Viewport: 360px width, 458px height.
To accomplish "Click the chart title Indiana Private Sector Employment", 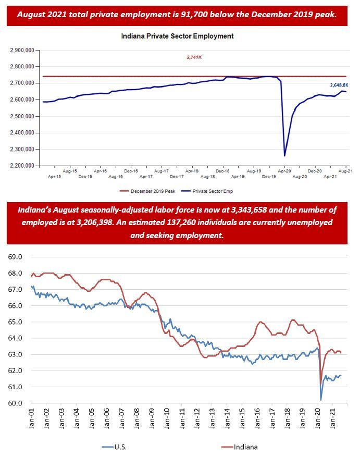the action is tap(177, 36).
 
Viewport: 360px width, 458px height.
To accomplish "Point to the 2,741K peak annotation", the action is tap(194, 57).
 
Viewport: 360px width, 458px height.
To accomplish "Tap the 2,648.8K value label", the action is tap(339, 85).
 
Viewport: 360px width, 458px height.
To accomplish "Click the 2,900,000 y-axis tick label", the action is tap(22, 50).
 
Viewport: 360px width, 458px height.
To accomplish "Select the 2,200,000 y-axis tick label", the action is tap(22, 166).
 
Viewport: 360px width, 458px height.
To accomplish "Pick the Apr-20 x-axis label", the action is tap(284, 171).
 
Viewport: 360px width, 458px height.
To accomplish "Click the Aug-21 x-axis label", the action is tap(345, 171).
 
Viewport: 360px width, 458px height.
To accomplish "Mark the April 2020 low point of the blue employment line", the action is tap(284, 156).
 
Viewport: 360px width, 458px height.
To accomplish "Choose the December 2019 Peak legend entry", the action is tap(147, 191).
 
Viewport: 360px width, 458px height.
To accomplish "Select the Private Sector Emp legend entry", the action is tap(207, 191).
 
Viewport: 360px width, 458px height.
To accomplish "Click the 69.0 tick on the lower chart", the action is tap(15, 257).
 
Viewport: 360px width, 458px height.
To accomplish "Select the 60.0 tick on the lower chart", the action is tap(15, 403).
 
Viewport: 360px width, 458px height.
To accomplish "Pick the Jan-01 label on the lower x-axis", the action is tap(31, 418).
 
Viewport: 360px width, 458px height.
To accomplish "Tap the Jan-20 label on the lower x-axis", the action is tap(317, 418).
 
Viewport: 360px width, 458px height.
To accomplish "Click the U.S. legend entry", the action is tap(114, 447).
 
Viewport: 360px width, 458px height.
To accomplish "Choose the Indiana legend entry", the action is tap(240, 447).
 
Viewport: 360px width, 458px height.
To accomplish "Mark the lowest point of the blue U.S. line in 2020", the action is tap(321, 400).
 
